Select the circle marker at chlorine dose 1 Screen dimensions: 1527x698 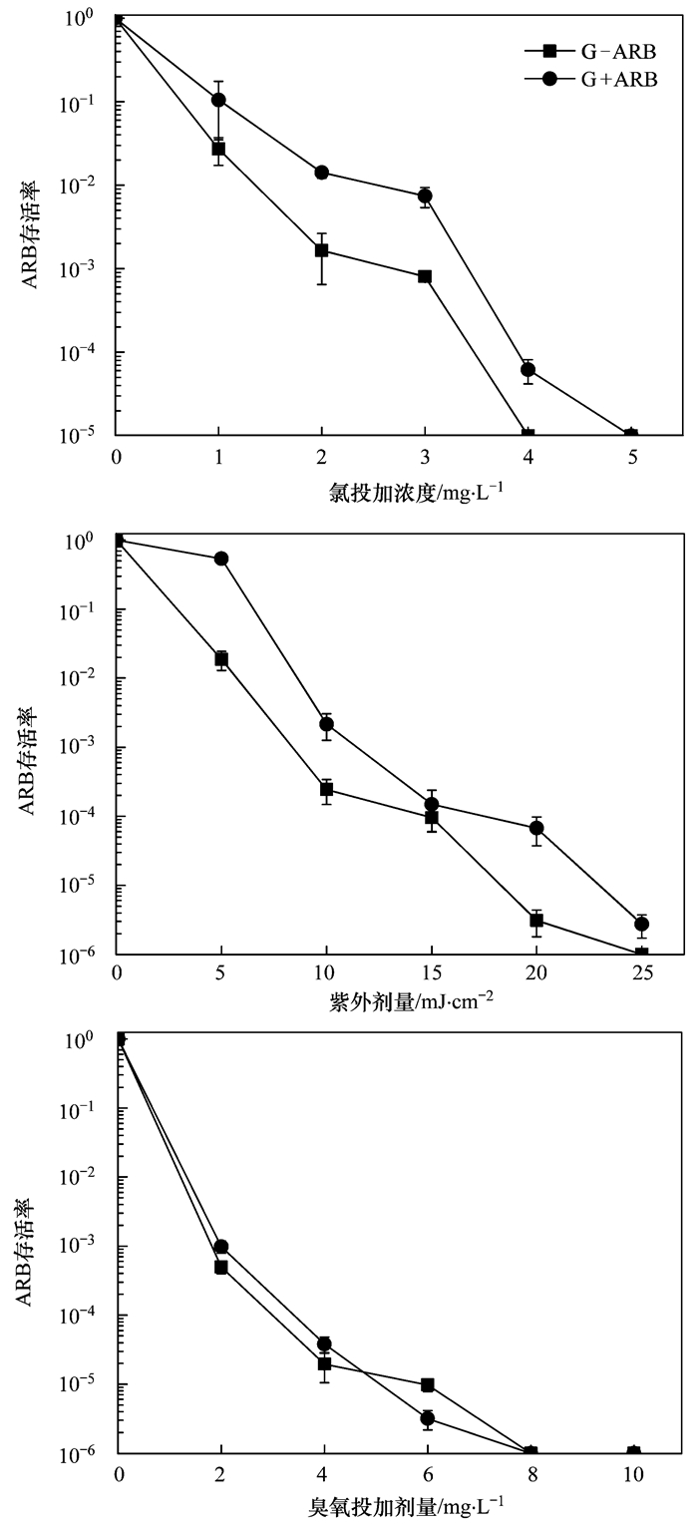tap(218, 100)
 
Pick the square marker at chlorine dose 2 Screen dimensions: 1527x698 tap(322, 250)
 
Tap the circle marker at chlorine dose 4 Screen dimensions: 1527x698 tap(528, 370)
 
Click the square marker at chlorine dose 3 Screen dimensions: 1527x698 tap(425, 276)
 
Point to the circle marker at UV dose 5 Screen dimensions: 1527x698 tap(221, 559)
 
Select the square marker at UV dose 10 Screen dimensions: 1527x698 tap(326, 789)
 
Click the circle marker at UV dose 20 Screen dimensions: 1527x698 tap(536, 828)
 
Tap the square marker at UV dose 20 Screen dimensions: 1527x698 tap(536, 920)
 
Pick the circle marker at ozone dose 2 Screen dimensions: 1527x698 tap(221, 1247)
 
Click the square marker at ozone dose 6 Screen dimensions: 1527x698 tap(428, 1385)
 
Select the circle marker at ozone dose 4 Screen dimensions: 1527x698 tap(324, 1343)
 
